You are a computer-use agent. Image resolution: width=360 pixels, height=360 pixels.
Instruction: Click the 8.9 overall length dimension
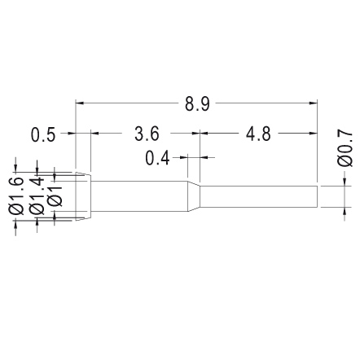pos(197,104)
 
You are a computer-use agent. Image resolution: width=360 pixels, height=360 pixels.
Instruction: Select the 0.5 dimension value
pos(43,134)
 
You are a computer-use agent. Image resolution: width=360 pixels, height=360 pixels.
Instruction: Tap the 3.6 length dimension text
pos(147,134)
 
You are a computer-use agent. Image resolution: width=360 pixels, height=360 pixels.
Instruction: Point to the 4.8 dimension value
pos(258,134)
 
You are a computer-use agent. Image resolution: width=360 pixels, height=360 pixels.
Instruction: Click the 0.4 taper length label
pos(157,158)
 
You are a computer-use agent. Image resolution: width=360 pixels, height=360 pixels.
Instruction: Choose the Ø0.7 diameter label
pos(345,148)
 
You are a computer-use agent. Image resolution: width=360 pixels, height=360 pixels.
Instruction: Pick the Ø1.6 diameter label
pos(15,196)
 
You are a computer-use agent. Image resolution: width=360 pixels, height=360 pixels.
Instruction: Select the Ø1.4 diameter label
pos(37,196)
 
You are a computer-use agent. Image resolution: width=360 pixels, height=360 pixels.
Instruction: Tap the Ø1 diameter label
pos(55,196)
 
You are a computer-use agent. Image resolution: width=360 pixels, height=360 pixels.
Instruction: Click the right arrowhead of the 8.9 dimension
pos(314,103)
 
